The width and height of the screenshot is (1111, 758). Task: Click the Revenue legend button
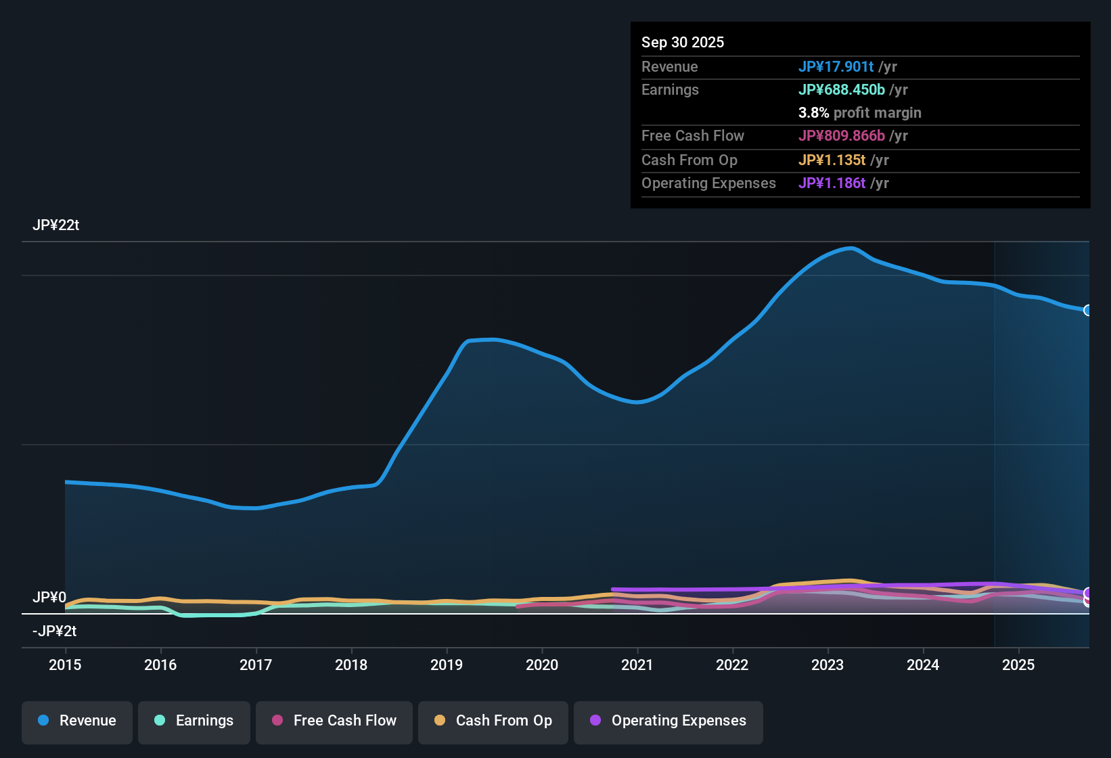(77, 721)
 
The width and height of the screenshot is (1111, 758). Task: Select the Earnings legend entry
(194, 721)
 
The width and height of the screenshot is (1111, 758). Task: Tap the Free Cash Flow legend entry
(334, 721)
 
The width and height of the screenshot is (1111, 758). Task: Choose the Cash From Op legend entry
(493, 721)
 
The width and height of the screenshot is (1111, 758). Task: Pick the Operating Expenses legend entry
(668, 721)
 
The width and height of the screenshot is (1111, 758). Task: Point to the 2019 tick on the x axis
(447, 665)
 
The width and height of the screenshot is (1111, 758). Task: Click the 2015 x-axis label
(65, 665)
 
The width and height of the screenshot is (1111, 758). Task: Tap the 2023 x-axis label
(827, 665)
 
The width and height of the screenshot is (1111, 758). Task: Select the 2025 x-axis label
(1018, 665)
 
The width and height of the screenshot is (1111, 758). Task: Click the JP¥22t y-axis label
(55, 225)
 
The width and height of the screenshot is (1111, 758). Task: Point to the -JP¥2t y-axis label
(54, 631)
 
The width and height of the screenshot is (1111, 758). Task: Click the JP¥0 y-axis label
(49, 598)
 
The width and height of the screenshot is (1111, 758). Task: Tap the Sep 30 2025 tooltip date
(682, 43)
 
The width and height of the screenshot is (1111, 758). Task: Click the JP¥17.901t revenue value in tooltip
(836, 67)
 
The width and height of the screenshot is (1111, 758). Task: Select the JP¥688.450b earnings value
(841, 90)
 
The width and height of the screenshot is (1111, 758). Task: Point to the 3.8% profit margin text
(859, 113)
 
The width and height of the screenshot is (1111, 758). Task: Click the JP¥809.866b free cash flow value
(841, 136)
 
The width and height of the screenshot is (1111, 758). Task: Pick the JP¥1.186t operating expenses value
(832, 183)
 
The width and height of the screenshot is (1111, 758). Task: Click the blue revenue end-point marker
(1087, 310)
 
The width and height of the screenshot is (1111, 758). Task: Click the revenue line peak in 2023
(851, 248)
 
